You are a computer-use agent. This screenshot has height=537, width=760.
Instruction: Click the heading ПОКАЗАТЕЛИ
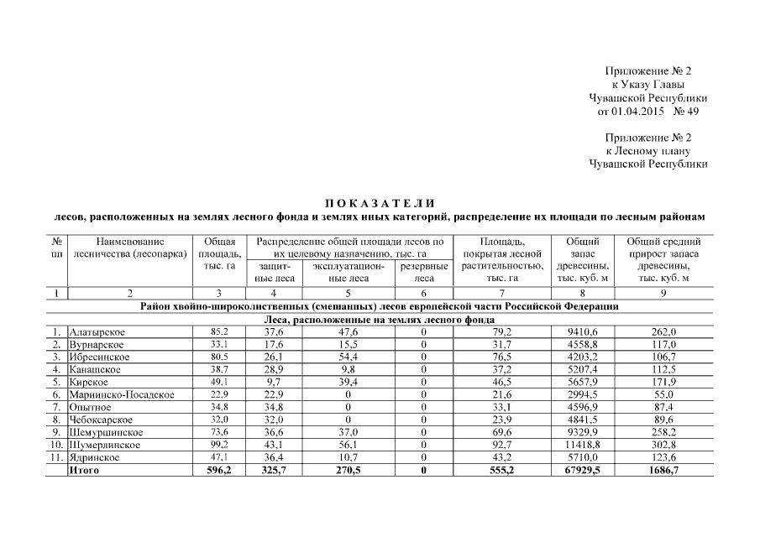pos(380,203)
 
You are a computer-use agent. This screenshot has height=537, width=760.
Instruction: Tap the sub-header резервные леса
pos(423,273)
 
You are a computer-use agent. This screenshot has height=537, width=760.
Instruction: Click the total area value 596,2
pos(218,471)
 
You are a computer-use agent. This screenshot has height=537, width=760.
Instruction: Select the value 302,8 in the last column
pos(663,445)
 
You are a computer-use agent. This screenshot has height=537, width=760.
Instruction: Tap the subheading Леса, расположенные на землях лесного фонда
pos(380,320)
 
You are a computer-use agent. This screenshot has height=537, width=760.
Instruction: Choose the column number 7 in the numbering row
pos(501,294)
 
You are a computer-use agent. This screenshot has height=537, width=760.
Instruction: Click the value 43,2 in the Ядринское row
pos(501,458)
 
